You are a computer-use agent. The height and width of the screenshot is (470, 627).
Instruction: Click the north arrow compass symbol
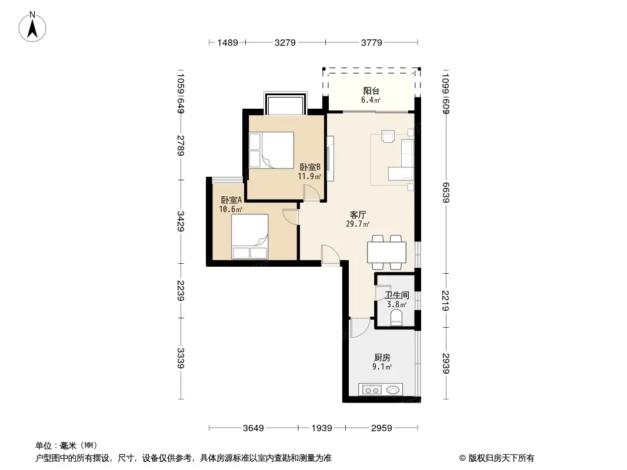[32, 27]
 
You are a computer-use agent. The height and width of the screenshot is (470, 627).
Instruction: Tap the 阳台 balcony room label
[371, 91]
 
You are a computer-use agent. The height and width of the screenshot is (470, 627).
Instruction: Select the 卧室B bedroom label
[311, 167]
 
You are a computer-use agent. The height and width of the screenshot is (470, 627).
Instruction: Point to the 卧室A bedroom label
[231, 200]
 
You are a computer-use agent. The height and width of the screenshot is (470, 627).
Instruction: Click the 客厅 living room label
[358, 215]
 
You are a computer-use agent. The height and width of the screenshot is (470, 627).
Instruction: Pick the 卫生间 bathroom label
[396, 295]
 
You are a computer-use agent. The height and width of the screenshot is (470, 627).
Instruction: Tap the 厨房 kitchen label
[382, 357]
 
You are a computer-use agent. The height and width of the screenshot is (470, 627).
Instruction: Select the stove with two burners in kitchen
[372, 390]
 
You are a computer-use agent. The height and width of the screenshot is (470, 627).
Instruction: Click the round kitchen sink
[393, 390]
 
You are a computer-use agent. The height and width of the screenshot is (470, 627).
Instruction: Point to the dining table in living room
[386, 252]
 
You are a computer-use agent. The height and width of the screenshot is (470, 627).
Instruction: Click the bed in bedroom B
[272, 150]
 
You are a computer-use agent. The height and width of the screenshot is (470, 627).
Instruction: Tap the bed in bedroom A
[249, 237]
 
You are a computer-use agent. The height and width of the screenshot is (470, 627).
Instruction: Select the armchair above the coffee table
[388, 136]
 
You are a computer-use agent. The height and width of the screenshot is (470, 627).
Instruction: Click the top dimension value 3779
[372, 43]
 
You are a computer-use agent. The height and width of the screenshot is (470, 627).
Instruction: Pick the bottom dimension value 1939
[322, 428]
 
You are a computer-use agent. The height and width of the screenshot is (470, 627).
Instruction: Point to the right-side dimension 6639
[446, 193]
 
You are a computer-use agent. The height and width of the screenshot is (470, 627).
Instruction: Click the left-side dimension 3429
[181, 221]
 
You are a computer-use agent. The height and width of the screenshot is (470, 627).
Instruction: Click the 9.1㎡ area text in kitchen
[382, 367]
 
